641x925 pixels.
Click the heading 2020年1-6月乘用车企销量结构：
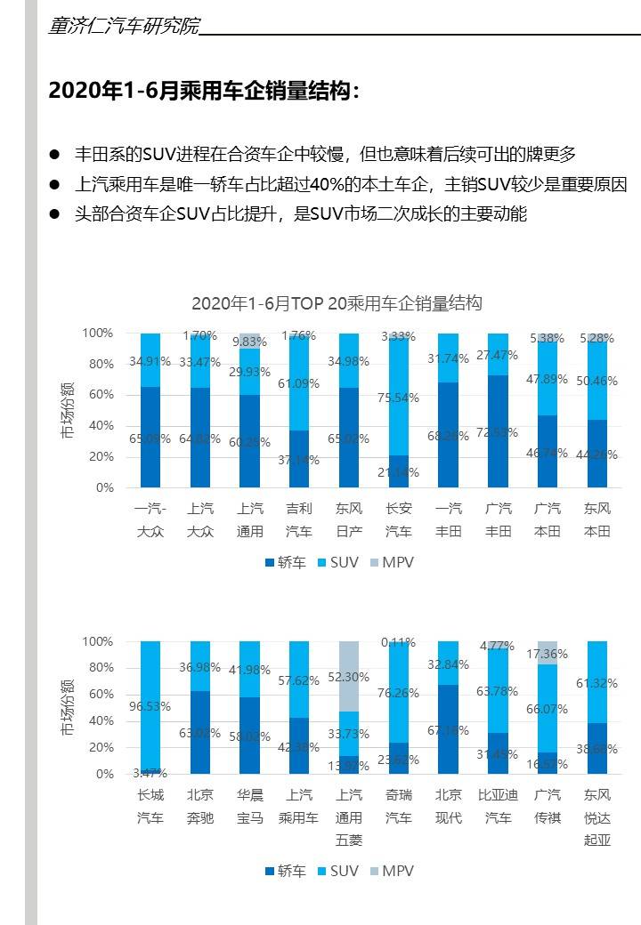point(205,91)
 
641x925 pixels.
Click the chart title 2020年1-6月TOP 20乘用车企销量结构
point(337,303)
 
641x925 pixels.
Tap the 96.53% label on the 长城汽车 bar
point(150,707)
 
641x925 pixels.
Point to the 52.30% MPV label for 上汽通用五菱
point(350,677)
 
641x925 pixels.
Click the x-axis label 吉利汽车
point(300,520)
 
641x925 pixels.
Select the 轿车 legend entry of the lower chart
point(286,872)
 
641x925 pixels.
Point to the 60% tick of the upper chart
point(101,395)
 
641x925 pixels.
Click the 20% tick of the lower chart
point(101,748)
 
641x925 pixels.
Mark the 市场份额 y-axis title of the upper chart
point(69,410)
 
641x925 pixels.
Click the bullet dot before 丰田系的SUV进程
point(55,155)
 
